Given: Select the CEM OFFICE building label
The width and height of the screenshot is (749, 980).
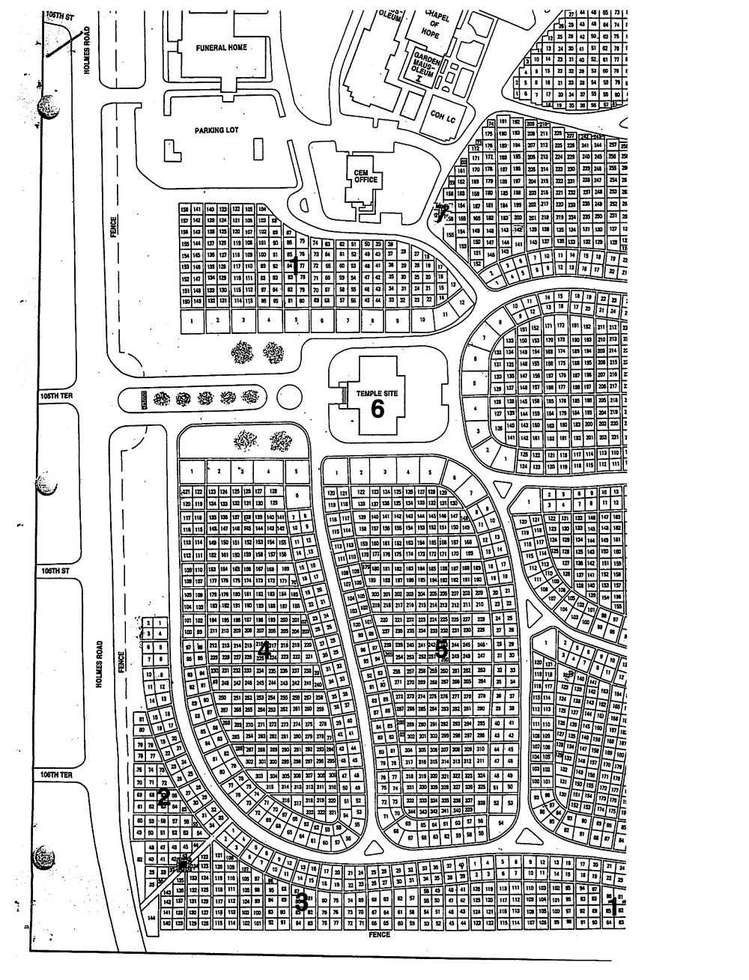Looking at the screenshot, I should [x=363, y=177].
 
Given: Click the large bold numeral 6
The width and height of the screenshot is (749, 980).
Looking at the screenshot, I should [x=377, y=409].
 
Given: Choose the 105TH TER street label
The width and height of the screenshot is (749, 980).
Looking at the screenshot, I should [x=56, y=398].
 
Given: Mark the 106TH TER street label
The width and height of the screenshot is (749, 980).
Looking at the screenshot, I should [x=54, y=776].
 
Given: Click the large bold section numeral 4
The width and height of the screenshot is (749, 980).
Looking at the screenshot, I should [x=264, y=651].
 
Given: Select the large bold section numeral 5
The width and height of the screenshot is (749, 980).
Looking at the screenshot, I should [x=441, y=649].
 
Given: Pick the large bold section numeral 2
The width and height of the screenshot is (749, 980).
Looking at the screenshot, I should [x=163, y=798].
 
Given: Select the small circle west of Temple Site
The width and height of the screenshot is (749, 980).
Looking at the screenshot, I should [x=288, y=397].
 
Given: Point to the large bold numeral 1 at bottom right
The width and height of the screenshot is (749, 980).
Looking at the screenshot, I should [x=612, y=908].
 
